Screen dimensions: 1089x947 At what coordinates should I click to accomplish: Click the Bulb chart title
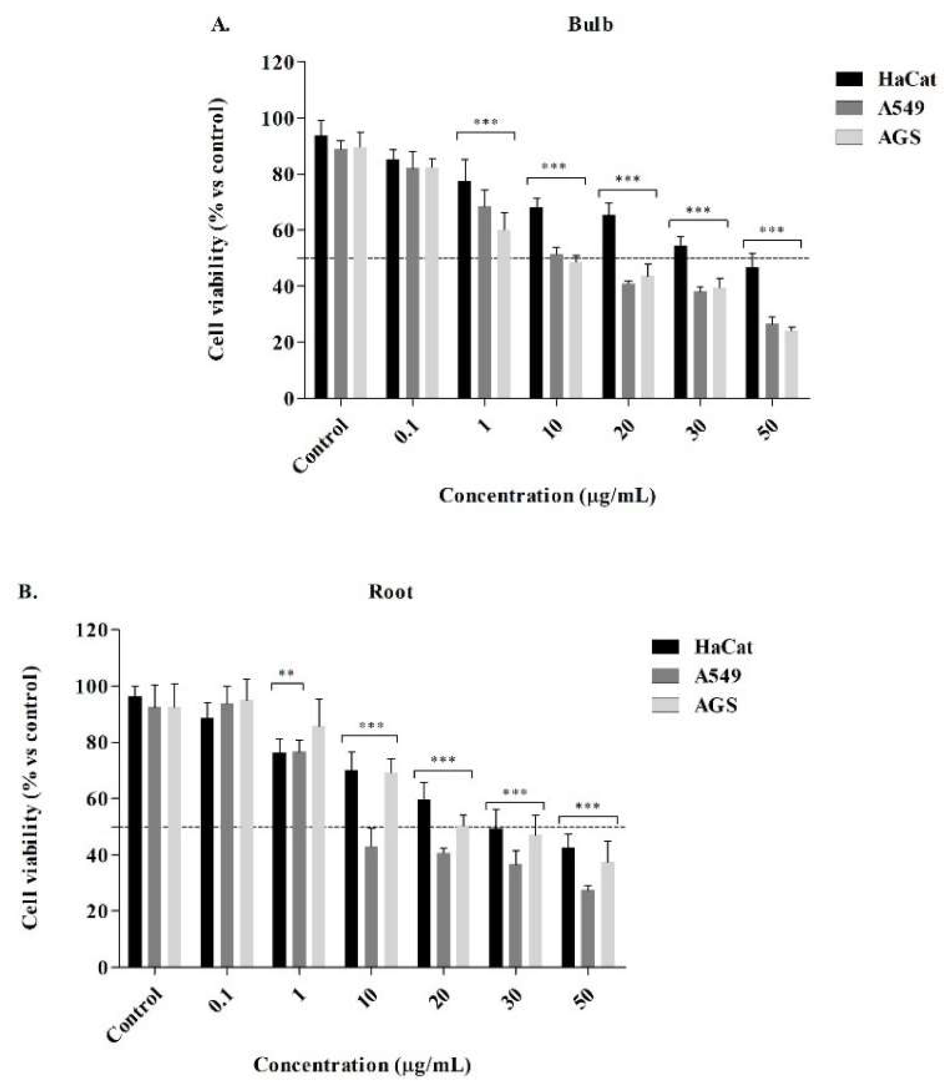click(590, 25)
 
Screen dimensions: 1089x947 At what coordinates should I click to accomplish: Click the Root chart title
click(390, 592)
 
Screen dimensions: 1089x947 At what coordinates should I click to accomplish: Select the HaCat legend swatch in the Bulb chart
click(849, 79)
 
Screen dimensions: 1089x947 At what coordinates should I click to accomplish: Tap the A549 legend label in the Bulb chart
click(901, 108)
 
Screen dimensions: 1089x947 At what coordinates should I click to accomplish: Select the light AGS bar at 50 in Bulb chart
click(791, 364)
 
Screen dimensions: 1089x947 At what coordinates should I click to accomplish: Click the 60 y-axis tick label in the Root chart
click(92, 798)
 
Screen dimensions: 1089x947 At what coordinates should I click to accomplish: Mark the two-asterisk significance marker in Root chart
click(286, 674)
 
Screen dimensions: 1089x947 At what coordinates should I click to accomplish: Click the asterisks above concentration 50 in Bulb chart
click(772, 230)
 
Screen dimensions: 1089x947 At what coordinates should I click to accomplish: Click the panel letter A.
click(220, 25)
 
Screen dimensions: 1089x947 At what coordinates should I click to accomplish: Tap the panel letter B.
click(27, 592)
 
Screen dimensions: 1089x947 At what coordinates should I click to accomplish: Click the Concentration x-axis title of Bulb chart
click(547, 496)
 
